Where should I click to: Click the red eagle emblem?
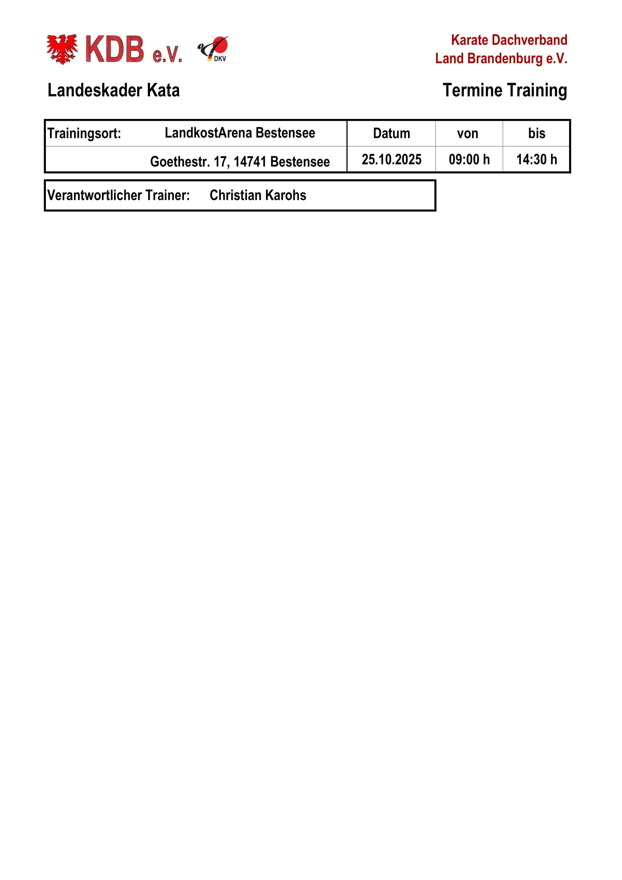(x=62, y=49)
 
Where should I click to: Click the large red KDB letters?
(x=115, y=49)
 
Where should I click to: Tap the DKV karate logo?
(x=214, y=49)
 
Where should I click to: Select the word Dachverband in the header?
(x=529, y=40)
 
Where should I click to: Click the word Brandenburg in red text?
(x=505, y=59)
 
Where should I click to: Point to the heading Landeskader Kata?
(x=113, y=90)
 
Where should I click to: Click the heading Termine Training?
(x=504, y=90)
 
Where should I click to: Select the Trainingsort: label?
(x=84, y=133)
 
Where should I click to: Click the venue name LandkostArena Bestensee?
(x=240, y=132)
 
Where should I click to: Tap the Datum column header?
(x=391, y=133)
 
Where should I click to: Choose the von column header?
(x=468, y=133)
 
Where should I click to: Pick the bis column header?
(x=537, y=133)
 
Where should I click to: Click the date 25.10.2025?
(x=391, y=160)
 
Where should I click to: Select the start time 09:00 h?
(x=469, y=160)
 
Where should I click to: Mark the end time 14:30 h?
(x=537, y=160)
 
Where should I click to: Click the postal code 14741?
(x=250, y=162)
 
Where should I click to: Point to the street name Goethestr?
(x=180, y=162)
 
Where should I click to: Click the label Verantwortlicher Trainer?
(x=118, y=195)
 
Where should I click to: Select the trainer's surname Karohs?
(x=285, y=195)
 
